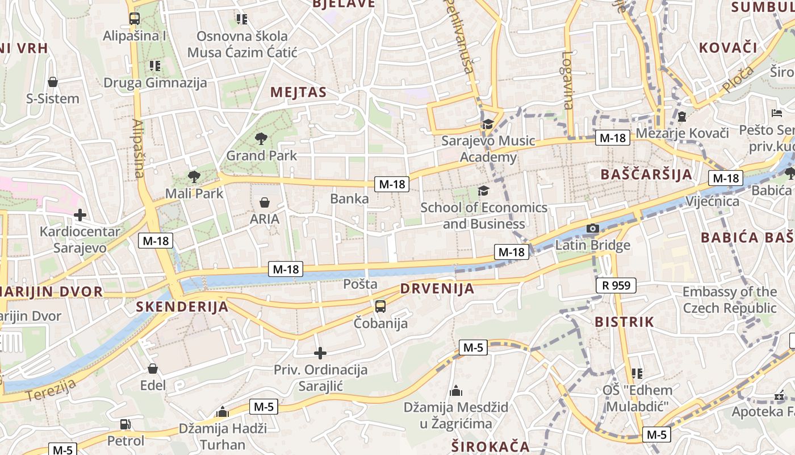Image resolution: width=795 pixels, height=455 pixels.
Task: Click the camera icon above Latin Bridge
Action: click(x=592, y=229)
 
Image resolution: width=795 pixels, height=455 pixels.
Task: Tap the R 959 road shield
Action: click(x=616, y=286)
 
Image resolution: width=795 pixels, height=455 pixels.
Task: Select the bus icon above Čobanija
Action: click(x=380, y=307)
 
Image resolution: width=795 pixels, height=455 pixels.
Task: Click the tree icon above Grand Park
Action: click(x=261, y=138)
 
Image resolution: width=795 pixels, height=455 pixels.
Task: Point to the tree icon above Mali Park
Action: click(x=194, y=176)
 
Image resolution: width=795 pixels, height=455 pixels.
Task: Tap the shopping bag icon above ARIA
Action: click(x=265, y=202)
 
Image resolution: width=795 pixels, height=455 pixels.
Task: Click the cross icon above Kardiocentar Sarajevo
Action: click(x=80, y=215)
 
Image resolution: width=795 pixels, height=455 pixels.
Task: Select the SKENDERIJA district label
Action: click(x=182, y=307)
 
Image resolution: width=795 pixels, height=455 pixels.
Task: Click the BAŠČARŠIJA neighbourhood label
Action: click(x=647, y=174)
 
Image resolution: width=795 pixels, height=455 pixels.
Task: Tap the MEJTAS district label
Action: click(x=298, y=92)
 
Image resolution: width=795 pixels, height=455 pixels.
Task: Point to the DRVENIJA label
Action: click(x=437, y=288)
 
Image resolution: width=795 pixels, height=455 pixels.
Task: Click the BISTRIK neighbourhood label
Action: click(x=624, y=322)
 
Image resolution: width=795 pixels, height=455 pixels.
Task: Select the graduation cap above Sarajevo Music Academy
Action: click(x=488, y=124)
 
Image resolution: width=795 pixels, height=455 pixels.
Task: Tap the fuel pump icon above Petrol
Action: click(x=125, y=424)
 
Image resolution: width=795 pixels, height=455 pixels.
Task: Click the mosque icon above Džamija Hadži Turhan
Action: click(x=223, y=412)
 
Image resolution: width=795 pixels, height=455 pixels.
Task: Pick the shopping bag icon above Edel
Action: click(x=152, y=369)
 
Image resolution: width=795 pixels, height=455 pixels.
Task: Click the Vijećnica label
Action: click(x=712, y=201)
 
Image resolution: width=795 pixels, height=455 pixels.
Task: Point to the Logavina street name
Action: click(x=567, y=80)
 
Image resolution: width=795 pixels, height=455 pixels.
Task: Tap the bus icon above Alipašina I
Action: click(x=135, y=19)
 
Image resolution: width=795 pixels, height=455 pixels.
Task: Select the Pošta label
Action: click(x=360, y=283)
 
